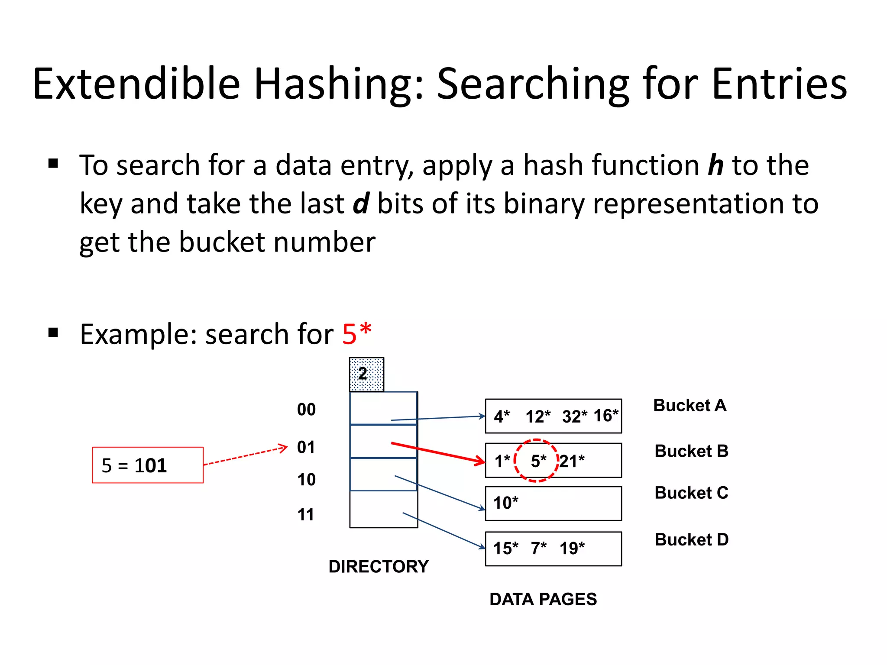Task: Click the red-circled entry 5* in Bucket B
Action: pyautogui.click(x=538, y=461)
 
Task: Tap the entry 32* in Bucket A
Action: pyautogui.click(x=574, y=416)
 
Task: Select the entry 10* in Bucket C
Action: pyautogui.click(x=505, y=503)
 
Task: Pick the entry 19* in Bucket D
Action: pyautogui.click(x=572, y=548)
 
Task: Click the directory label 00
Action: pyautogui.click(x=306, y=410)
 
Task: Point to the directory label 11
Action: pyautogui.click(x=306, y=515)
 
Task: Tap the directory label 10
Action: pyautogui.click(x=306, y=480)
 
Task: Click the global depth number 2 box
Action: pyautogui.click(x=366, y=374)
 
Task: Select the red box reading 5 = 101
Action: pyautogui.click(x=148, y=465)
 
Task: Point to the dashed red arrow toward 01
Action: pyautogui.click(x=245, y=456)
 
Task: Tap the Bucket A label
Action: pyautogui.click(x=690, y=406)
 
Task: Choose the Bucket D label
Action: pyautogui.click(x=691, y=540)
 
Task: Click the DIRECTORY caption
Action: pyautogui.click(x=379, y=567)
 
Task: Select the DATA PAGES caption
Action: pyautogui.click(x=543, y=600)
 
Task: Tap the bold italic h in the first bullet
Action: pyautogui.click(x=715, y=165)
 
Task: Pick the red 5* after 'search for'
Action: pyautogui.click(x=356, y=334)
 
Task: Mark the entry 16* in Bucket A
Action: pyautogui.click(x=605, y=416)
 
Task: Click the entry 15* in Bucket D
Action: pyautogui.click(x=505, y=548)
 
